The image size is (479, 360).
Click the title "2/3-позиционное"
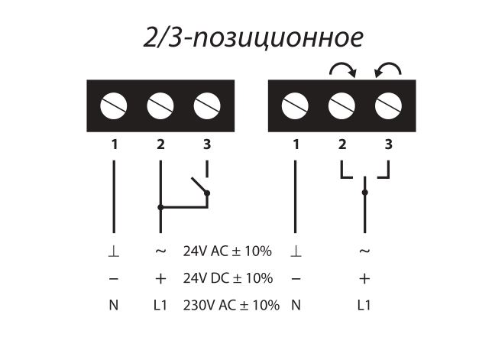(x=252, y=37)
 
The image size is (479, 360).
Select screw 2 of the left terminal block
(x=160, y=105)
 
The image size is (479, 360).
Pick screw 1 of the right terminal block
(x=296, y=105)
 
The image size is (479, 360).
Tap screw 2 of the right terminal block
(x=341, y=105)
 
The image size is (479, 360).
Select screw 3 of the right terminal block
(x=387, y=105)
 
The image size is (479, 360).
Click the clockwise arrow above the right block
(x=342, y=70)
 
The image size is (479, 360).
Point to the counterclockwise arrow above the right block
(x=389, y=70)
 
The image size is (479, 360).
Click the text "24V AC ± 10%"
(x=228, y=251)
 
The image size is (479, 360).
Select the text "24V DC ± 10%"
(x=228, y=278)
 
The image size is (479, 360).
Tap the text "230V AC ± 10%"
(x=231, y=305)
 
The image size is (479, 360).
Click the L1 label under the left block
(x=160, y=305)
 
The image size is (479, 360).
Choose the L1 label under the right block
(x=364, y=305)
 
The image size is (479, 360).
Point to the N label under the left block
(x=114, y=305)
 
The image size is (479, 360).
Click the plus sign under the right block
(x=364, y=278)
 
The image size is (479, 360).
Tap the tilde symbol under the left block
(x=160, y=251)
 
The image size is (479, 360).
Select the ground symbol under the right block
(x=296, y=251)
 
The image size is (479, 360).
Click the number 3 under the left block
(x=207, y=144)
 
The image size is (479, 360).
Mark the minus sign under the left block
(x=114, y=278)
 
